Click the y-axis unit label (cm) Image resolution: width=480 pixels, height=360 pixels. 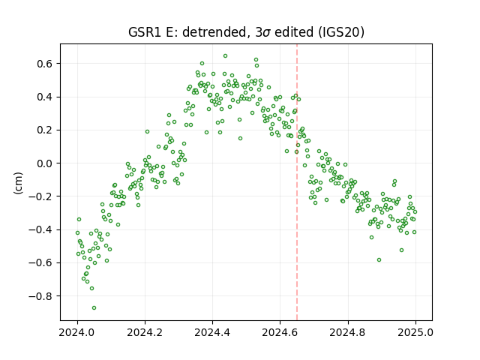pos(18,183)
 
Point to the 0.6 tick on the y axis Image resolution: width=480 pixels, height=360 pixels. pos(45,64)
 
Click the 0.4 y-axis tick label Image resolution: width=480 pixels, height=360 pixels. pos(45,97)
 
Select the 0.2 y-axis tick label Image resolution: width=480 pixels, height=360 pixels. pos(45,130)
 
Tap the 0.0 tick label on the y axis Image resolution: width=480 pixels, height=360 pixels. pos(45,163)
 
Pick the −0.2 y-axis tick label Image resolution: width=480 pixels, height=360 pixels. pos(40,196)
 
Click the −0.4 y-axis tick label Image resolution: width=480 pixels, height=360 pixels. pos(40,229)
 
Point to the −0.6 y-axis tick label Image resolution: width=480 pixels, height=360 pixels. pos(40,263)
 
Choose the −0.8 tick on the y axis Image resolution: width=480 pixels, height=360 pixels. pos(40,296)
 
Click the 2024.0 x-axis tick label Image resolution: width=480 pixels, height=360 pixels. pos(77,332)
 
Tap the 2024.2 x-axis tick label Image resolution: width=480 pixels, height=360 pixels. pos(145,332)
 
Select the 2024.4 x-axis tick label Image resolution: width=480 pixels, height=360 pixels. pos(212,332)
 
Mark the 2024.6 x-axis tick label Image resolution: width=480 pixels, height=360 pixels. pos(280,332)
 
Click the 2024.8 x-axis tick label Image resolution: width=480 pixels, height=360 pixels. pos(347,332)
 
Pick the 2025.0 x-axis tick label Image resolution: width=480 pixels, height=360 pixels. pos(415,332)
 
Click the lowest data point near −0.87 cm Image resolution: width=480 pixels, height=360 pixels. pos(94,307)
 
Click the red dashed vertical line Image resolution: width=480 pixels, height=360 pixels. pos(297,182)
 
